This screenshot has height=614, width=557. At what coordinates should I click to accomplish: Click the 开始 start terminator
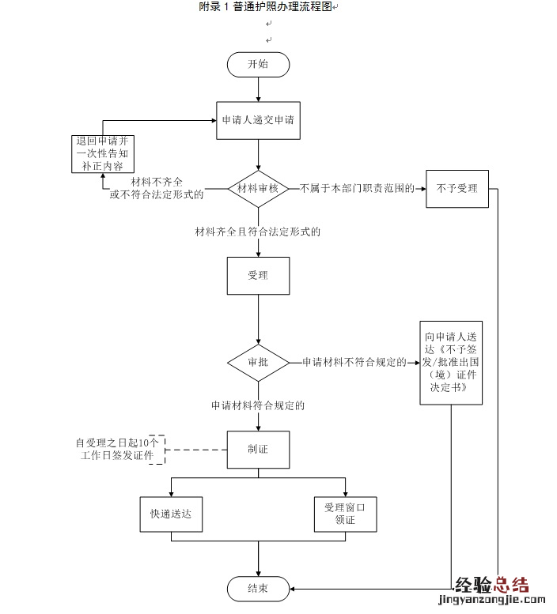coord(258,65)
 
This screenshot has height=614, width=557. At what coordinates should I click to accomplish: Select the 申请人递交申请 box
coord(259,121)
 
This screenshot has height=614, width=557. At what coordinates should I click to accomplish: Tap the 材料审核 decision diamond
coord(259,189)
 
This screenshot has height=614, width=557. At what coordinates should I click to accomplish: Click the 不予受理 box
coord(457,189)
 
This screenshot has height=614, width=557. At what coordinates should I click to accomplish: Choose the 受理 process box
coord(258,277)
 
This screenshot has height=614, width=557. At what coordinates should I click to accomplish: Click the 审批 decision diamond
coord(258,362)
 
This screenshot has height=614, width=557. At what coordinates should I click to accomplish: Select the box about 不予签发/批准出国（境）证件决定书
coord(450,362)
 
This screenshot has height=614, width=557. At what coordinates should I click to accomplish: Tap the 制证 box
coord(258,450)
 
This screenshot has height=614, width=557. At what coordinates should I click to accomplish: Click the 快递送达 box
coord(172,514)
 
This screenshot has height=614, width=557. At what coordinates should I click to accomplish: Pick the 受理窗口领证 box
coord(345,514)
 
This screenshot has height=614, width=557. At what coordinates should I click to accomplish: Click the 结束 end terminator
coord(258,588)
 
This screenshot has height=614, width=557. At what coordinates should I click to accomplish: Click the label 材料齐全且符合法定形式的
coord(258,232)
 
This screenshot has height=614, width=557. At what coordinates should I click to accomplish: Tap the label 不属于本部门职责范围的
coord(357,189)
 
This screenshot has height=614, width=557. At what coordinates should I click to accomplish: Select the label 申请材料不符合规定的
coord(354,362)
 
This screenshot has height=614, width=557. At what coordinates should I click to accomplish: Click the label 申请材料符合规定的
coord(258,405)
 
